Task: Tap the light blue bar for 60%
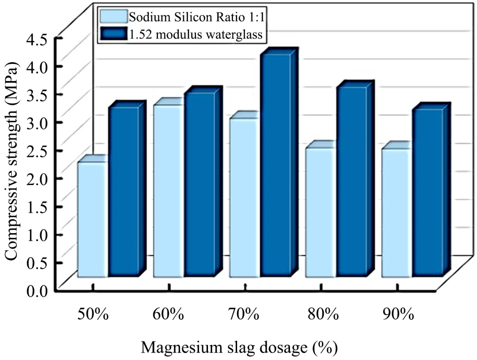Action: coord(169,191)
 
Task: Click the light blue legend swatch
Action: coord(113,17)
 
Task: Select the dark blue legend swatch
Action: coord(113,33)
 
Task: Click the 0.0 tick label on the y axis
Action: coord(38,291)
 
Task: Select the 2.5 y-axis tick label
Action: coord(38,150)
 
